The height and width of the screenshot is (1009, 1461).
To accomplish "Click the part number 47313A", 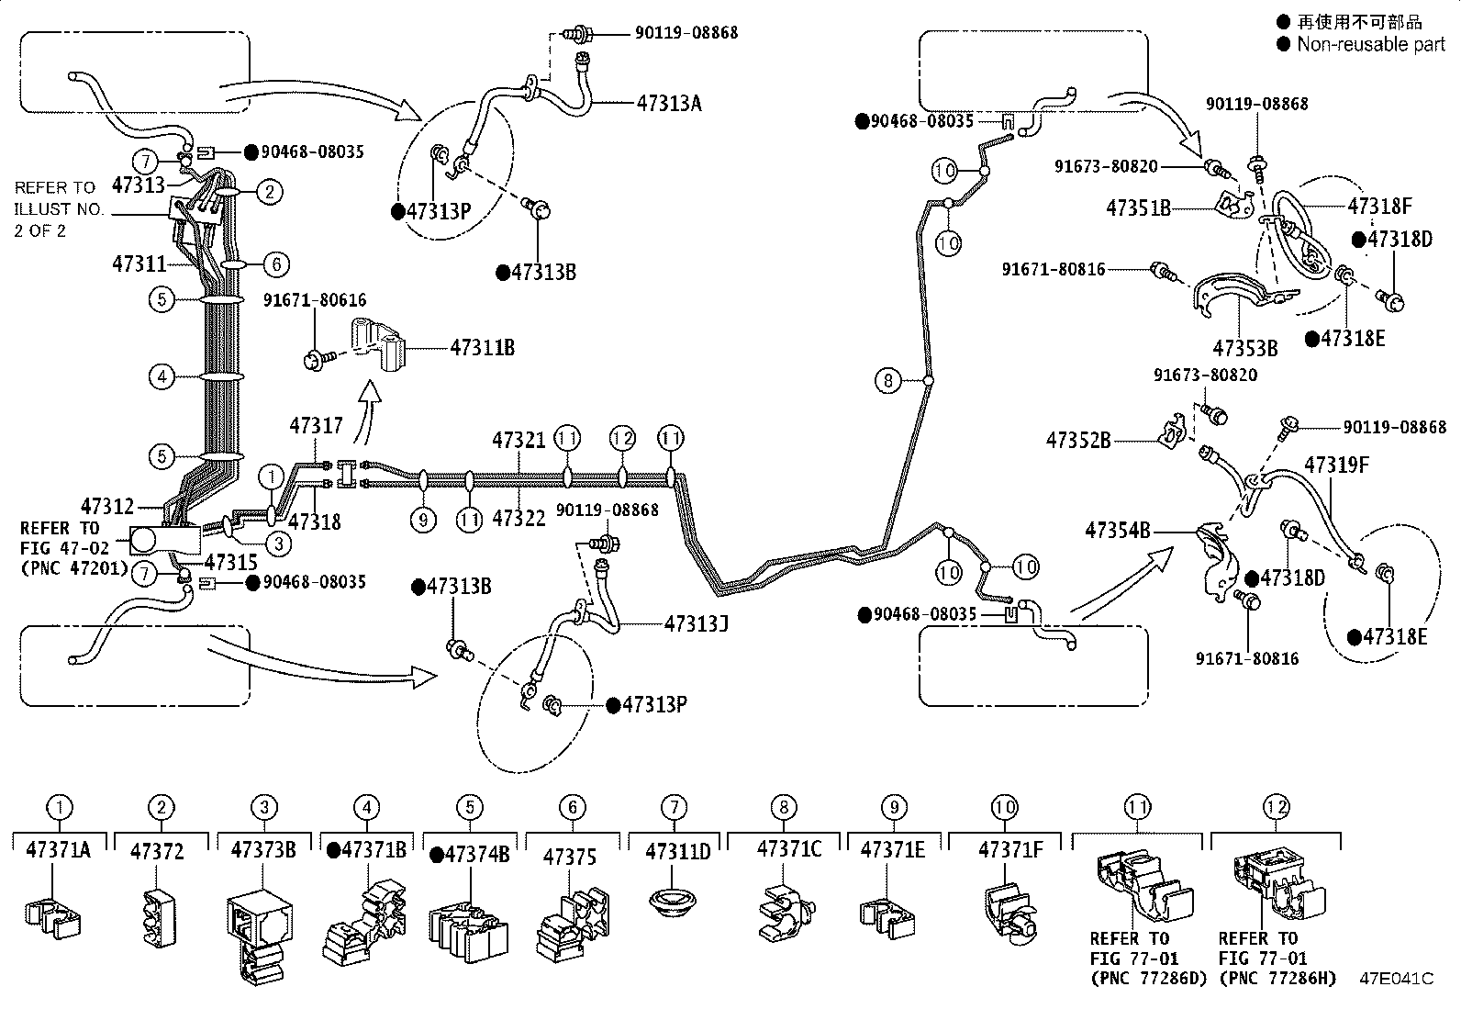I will pyautogui.click(x=669, y=103).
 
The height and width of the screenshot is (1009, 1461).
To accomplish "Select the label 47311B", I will pyautogui.click(x=482, y=348).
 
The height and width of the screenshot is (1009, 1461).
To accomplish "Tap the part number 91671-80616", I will pyautogui.click(x=315, y=300).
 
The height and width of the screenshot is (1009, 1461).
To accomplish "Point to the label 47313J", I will pyautogui.click(x=697, y=624).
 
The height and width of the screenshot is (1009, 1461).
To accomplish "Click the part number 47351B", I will pyautogui.click(x=1138, y=207).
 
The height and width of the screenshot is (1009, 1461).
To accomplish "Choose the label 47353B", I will pyautogui.click(x=1245, y=349).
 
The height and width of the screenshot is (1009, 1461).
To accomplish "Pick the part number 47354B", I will pyautogui.click(x=1118, y=530).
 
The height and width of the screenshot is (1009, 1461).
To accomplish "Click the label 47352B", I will pyautogui.click(x=1078, y=441).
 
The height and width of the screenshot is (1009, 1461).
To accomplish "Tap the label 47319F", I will pyautogui.click(x=1337, y=465).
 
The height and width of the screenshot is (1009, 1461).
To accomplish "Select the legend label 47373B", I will pyautogui.click(x=264, y=850).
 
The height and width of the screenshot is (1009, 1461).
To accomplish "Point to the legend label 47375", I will pyautogui.click(x=570, y=857).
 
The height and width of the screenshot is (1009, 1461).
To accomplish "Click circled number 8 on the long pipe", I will pyautogui.click(x=888, y=379).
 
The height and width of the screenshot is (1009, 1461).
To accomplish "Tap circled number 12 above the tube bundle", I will pyautogui.click(x=622, y=438).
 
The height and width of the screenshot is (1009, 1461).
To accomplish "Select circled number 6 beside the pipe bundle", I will pyautogui.click(x=275, y=264).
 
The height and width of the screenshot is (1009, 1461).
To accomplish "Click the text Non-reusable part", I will pyautogui.click(x=1370, y=44).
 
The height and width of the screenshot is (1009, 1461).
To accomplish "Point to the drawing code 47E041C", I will pyautogui.click(x=1396, y=979).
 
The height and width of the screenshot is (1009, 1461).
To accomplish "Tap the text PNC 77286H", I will pyautogui.click(x=1277, y=978).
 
